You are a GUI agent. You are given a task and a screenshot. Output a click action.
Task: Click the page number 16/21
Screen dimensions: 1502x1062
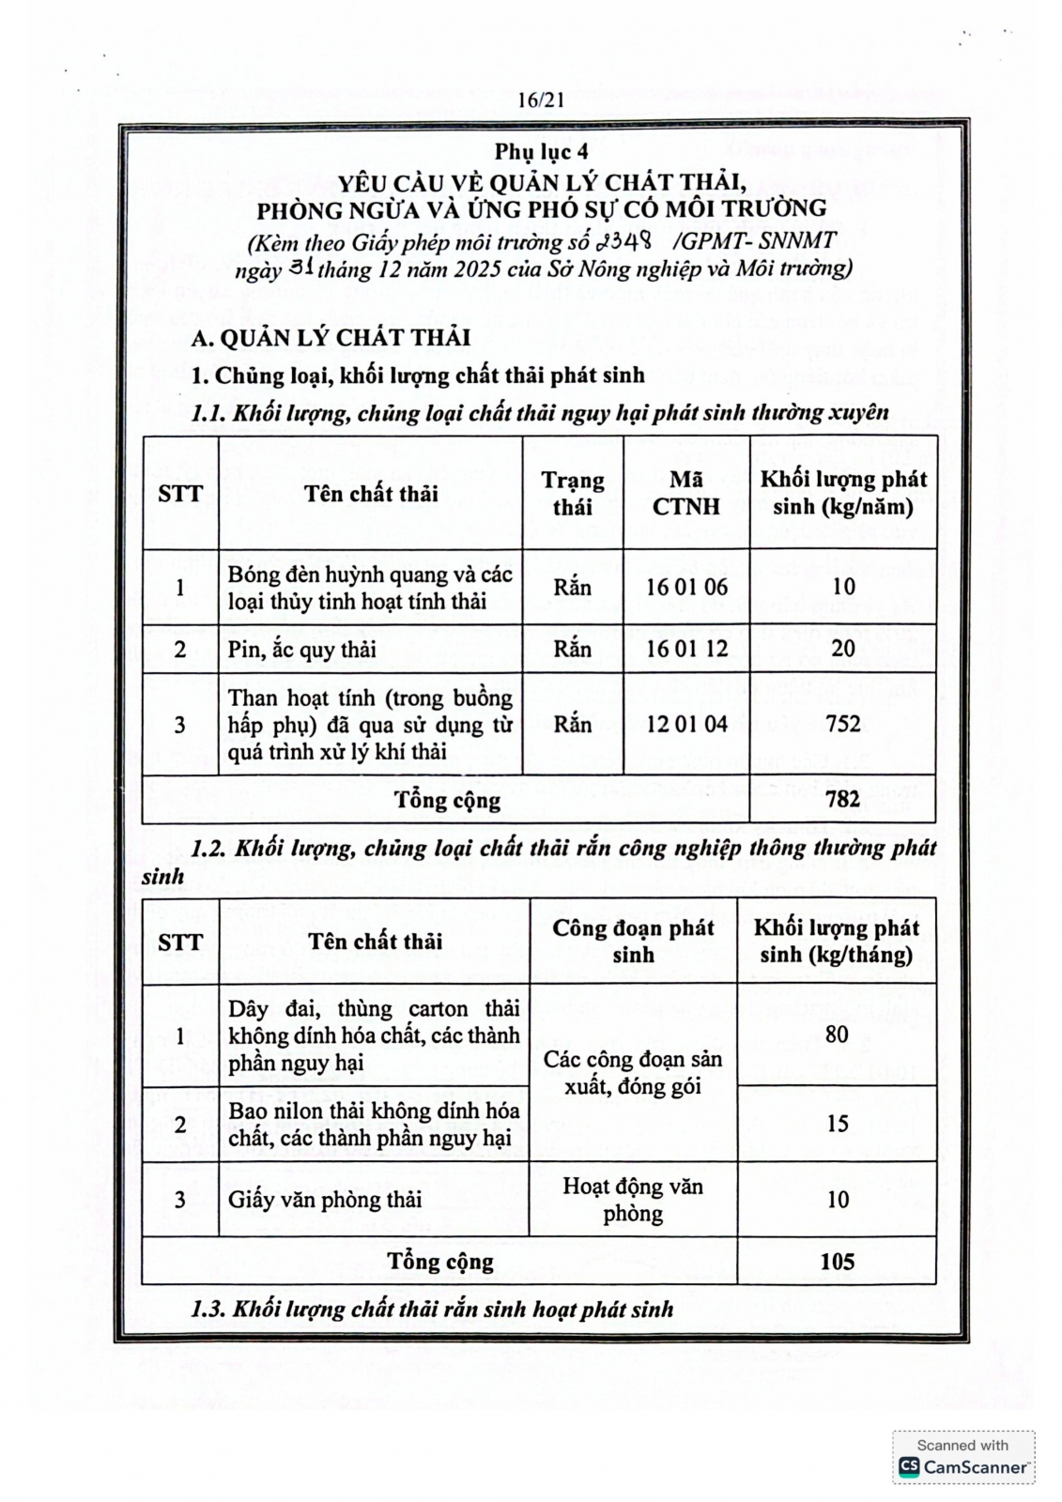(x=540, y=101)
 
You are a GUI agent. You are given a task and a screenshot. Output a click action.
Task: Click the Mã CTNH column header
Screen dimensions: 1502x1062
(x=685, y=493)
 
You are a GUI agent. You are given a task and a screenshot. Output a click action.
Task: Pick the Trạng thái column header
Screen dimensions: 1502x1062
(x=572, y=493)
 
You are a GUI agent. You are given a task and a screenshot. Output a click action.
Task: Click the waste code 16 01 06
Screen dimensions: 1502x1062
(x=686, y=588)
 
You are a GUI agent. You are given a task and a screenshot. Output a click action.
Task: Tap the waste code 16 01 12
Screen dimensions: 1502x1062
(x=686, y=649)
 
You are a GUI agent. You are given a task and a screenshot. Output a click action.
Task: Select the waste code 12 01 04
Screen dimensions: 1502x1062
(x=686, y=724)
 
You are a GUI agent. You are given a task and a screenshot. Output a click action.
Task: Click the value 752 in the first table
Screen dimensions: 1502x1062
(x=842, y=724)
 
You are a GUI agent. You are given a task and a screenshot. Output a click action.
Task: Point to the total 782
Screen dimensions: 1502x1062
(x=842, y=799)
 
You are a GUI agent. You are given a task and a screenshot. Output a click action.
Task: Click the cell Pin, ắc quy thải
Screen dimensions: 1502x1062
(x=301, y=650)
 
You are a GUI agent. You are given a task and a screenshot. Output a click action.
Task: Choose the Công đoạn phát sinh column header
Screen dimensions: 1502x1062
(x=633, y=941)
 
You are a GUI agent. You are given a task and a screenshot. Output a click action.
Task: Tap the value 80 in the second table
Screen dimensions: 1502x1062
(x=836, y=1035)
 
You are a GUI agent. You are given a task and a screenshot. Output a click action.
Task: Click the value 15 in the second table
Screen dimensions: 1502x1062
(x=837, y=1124)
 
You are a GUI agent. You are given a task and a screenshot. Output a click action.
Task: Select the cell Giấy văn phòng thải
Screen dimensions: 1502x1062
(x=325, y=1200)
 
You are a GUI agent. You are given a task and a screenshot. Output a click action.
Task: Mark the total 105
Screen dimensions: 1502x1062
(x=837, y=1261)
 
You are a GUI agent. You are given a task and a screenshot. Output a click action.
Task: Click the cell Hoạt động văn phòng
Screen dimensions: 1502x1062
(x=633, y=1200)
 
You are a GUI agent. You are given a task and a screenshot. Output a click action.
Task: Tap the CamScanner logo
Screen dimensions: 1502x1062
(x=962, y=1466)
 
